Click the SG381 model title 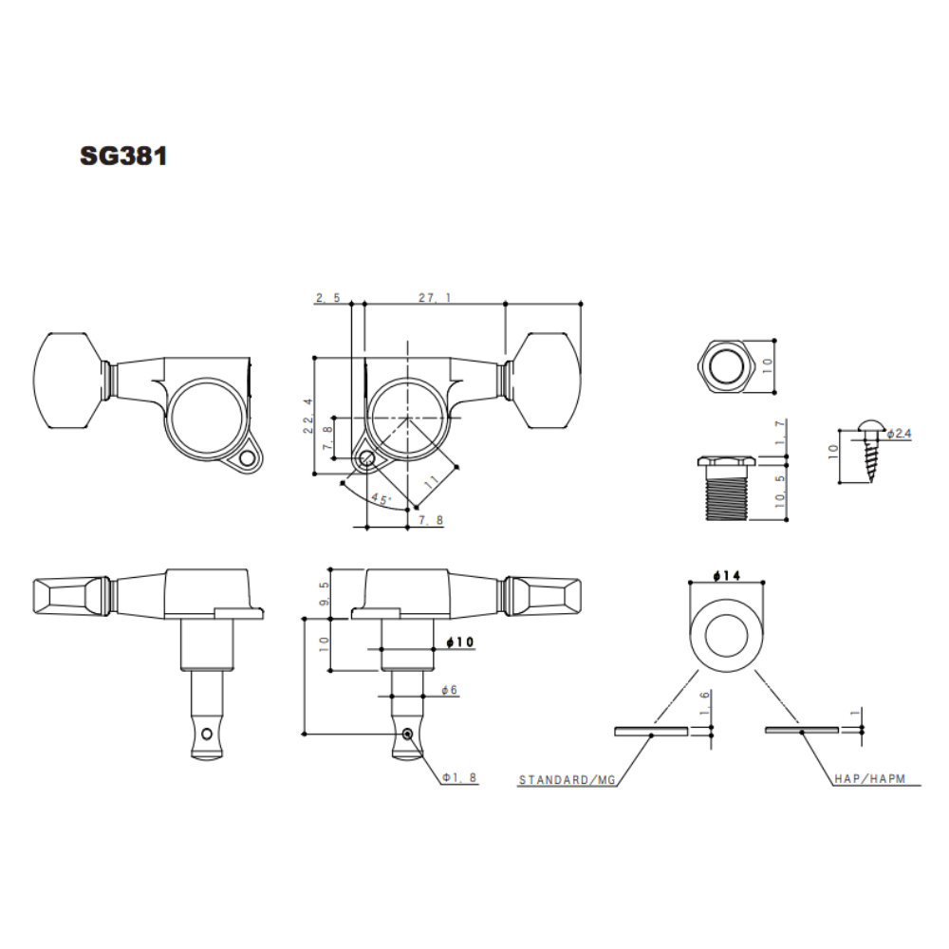pyautogui.click(x=123, y=157)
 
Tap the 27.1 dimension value pyautogui.click(x=435, y=298)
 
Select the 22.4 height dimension pyautogui.click(x=308, y=416)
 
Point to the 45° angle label pyautogui.click(x=381, y=499)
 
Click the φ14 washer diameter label pyautogui.click(x=726, y=576)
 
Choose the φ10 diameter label pyautogui.click(x=460, y=642)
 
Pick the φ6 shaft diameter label pyautogui.click(x=449, y=690)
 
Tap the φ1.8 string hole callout pyautogui.click(x=459, y=778)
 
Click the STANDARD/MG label pyautogui.click(x=568, y=779)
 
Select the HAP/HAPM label pyautogui.click(x=869, y=779)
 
